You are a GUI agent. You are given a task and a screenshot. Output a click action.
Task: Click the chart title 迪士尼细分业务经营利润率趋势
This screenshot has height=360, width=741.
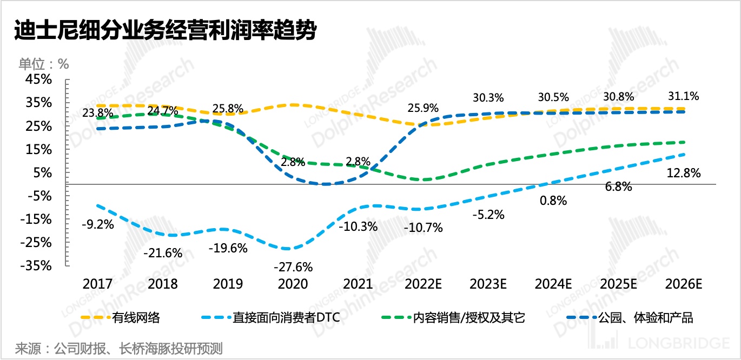[164, 30]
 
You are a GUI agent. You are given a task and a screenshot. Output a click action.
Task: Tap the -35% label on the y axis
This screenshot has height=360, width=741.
[38, 266]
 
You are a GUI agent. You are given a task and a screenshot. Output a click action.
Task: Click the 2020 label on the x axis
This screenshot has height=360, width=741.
[292, 284]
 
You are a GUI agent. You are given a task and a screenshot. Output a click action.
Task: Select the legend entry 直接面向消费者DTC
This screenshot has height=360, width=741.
[287, 317]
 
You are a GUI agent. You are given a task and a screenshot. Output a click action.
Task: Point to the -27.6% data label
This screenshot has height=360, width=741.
[293, 267]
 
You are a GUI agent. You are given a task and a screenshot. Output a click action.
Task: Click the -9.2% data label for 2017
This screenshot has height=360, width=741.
[98, 224]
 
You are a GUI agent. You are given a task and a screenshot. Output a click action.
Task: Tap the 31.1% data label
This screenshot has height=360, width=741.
[683, 96]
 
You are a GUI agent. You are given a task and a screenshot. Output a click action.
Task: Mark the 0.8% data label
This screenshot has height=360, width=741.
[553, 201]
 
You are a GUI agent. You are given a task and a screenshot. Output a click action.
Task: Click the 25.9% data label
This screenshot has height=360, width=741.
[423, 108]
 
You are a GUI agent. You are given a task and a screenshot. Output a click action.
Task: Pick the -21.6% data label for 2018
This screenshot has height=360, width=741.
[163, 252]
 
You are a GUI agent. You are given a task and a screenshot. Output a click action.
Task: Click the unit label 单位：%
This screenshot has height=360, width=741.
[44, 63]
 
